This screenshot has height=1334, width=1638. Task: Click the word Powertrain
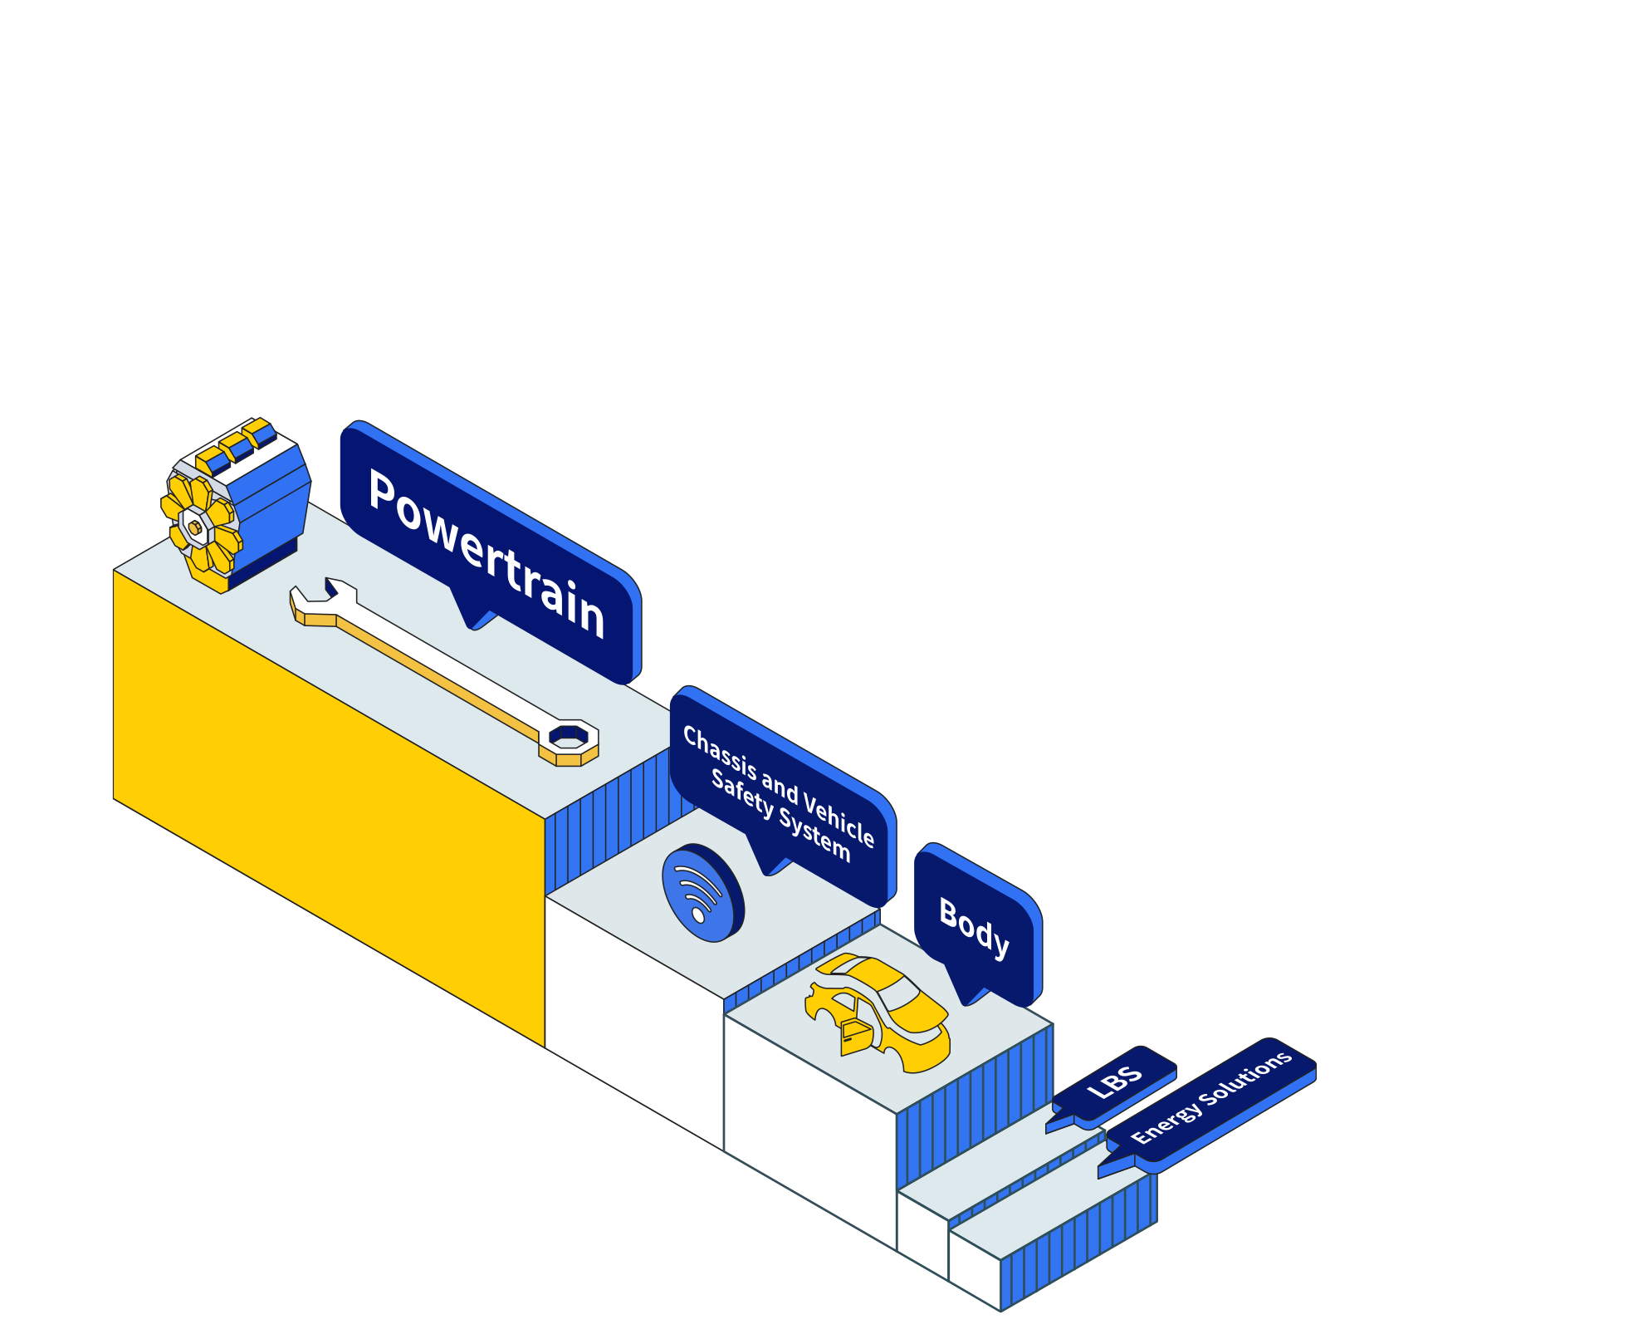487,552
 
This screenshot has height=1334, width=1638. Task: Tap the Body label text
974,927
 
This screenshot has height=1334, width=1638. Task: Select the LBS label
1115,1082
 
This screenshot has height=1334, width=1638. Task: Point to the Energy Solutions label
1211,1096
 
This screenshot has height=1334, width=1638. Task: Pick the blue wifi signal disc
702,893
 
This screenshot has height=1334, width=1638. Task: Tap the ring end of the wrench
569,737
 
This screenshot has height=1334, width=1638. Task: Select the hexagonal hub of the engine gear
195,527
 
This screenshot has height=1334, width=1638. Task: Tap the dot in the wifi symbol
697,915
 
